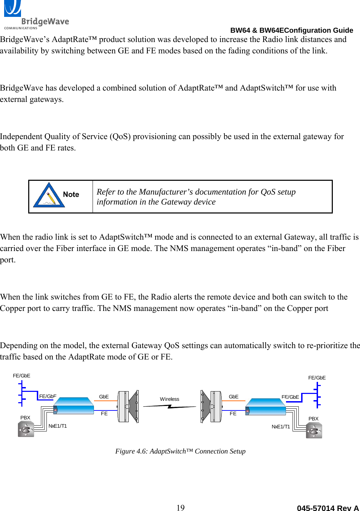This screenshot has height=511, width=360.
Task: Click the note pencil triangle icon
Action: pos(49,196)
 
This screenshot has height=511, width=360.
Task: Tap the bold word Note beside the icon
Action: pos(71,195)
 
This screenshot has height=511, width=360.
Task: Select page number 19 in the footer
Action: pos(180,507)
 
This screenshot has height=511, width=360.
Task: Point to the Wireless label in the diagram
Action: pos(169,399)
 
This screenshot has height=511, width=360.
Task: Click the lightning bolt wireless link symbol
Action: pos(169,407)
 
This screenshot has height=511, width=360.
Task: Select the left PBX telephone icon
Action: pos(26,429)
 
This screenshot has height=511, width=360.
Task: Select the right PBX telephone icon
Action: pos(314,430)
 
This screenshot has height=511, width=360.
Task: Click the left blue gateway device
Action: pos(74,406)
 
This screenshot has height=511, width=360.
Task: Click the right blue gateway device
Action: pos(266,407)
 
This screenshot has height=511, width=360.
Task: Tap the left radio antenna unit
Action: pos(128,406)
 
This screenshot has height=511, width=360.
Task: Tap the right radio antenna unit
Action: pos(211,407)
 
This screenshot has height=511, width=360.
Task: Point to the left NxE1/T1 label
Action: pos(57,426)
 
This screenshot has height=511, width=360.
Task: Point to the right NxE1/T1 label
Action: pos(280,427)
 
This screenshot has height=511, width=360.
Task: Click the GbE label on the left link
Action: pos(104,397)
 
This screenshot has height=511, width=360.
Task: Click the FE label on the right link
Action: pos(233,414)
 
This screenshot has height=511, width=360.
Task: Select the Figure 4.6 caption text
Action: pos(180,451)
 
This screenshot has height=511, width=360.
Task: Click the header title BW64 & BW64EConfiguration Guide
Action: pos(292,30)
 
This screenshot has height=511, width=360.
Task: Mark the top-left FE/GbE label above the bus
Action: pos(21,376)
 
